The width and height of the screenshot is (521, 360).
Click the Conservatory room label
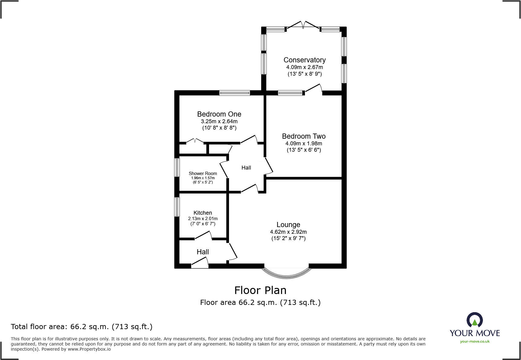(304, 60)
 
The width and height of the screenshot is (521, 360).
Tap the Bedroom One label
(219, 114)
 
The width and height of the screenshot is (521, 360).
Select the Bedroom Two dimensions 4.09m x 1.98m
(304, 144)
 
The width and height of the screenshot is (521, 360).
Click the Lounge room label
(288, 225)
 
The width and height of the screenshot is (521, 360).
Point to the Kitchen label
(203, 213)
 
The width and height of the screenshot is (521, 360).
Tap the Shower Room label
(203, 173)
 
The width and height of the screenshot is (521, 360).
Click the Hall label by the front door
(203, 252)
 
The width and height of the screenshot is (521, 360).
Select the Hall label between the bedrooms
(246, 168)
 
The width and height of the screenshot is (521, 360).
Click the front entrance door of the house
(200, 263)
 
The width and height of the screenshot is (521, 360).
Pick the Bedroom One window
(234, 93)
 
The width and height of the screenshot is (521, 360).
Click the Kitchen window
(177, 207)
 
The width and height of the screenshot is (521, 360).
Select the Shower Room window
(177, 167)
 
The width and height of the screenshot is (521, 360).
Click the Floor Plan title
(260, 290)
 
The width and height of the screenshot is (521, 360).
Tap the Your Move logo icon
(474, 320)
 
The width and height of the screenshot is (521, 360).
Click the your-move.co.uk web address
(474, 342)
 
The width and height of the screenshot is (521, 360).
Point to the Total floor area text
(82, 327)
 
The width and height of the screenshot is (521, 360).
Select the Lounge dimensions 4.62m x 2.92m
(288, 232)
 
